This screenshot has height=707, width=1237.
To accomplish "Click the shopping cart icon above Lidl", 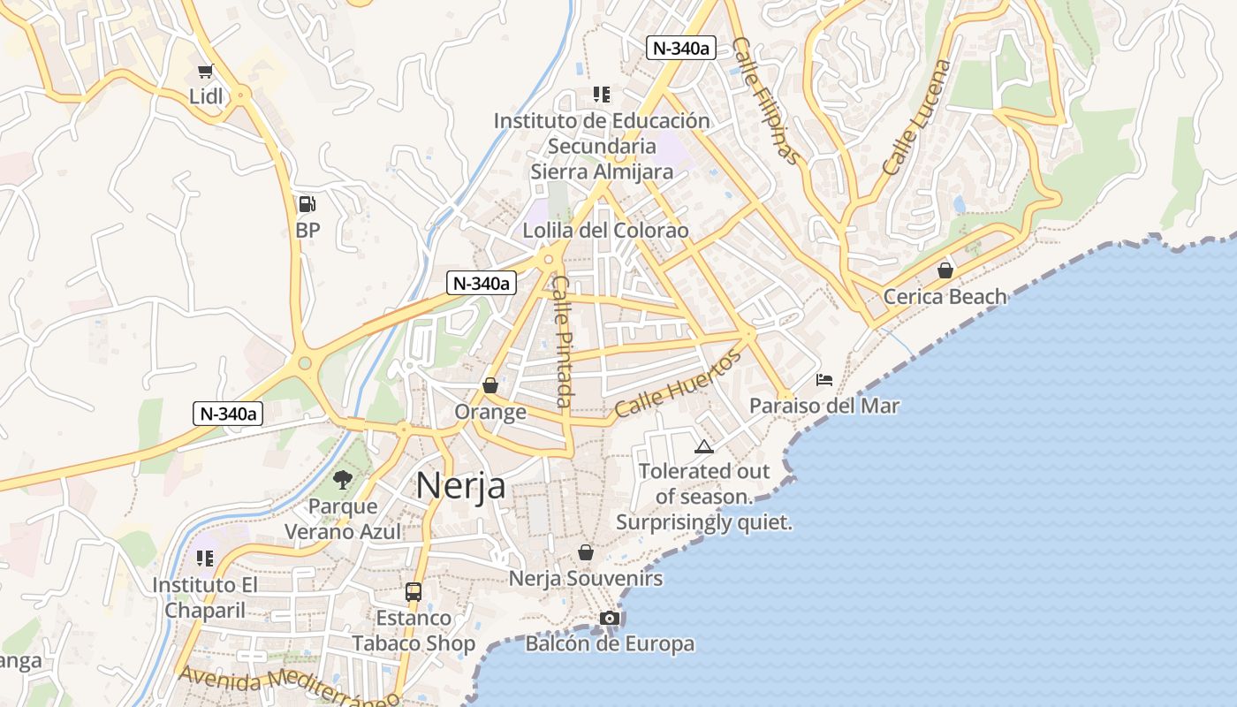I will pyautogui.click(x=206, y=72).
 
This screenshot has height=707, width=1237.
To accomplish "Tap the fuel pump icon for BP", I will pyautogui.click(x=307, y=204).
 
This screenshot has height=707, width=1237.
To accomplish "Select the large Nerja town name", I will pyautogui.click(x=460, y=485).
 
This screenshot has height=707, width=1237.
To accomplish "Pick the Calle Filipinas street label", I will pyautogui.click(x=765, y=102).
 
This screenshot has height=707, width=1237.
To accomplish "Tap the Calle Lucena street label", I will pyautogui.click(x=918, y=117).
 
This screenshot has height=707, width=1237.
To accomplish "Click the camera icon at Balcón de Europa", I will pyautogui.click(x=609, y=618).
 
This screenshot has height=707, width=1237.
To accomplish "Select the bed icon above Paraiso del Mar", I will pyautogui.click(x=824, y=380).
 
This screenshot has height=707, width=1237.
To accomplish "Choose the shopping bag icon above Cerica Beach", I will pyautogui.click(x=945, y=270).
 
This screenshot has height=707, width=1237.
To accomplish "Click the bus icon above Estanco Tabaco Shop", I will pyautogui.click(x=414, y=592).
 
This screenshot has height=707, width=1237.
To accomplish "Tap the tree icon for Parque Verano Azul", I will pyautogui.click(x=343, y=480).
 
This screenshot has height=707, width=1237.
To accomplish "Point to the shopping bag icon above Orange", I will pyautogui.click(x=490, y=386).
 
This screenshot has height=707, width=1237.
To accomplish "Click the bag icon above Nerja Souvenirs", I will pyautogui.click(x=585, y=553).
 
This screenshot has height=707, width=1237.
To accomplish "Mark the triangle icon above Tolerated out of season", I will pyautogui.click(x=703, y=446).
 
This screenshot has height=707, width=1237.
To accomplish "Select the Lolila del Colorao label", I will pyautogui.click(x=605, y=231).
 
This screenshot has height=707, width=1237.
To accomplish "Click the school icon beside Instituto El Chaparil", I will pyautogui.click(x=205, y=559).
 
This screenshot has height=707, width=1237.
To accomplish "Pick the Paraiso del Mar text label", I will pyautogui.click(x=823, y=406).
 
